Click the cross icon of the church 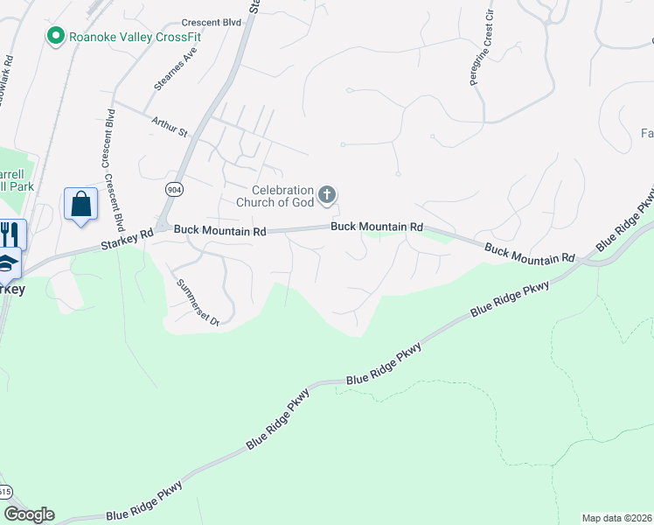click(x=327, y=194)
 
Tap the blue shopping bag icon click(x=80, y=205)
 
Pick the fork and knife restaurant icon click(x=11, y=234)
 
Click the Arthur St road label click(x=170, y=127)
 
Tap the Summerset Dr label click(x=196, y=303)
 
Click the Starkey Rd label click(x=127, y=234)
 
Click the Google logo click(x=28, y=514)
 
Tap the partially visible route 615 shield click(x=4, y=491)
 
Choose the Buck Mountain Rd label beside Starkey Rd click(x=219, y=231)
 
